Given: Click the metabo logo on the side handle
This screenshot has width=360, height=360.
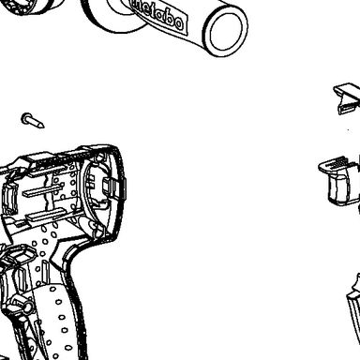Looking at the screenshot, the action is pos(158,15).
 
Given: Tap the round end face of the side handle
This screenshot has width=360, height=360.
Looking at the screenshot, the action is pos(227,32).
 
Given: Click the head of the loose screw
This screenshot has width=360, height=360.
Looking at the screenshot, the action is pos(26,118).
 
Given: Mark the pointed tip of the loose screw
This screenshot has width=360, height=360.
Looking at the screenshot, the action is pos(43,127).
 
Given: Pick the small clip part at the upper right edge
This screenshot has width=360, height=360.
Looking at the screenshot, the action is pos(347,97).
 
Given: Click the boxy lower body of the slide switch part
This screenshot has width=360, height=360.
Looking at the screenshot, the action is pos(343,189).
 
